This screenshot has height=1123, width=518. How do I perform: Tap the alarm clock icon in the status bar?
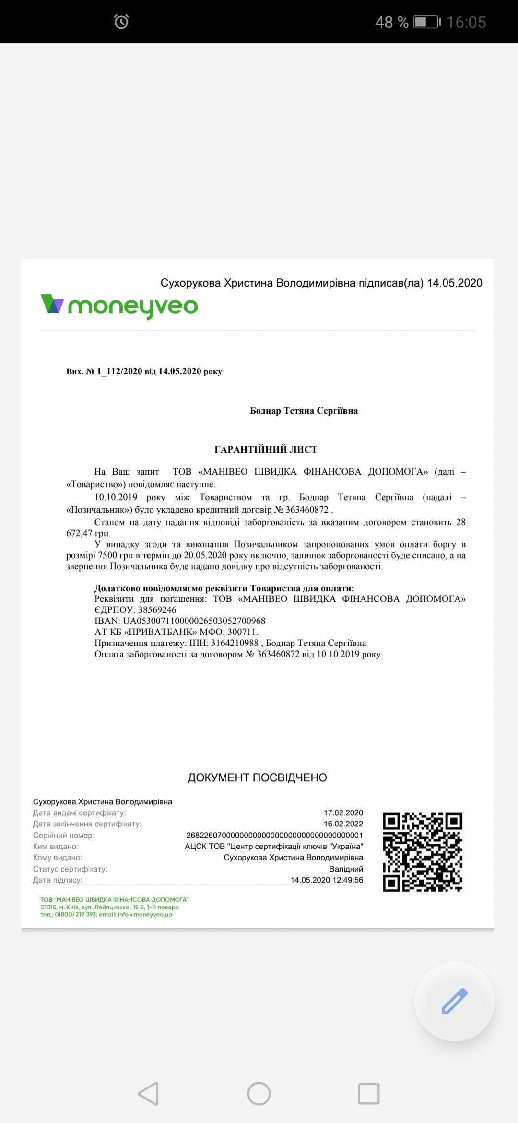(x=121, y=22)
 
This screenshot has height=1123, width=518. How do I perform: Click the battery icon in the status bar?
(x=427, y=22)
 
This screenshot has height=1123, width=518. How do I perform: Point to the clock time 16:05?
(x=466, y=22)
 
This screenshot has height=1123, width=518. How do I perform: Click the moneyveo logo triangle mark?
(x=52, y=304)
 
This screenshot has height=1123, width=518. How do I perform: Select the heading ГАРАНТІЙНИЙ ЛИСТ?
(x=266, y=449)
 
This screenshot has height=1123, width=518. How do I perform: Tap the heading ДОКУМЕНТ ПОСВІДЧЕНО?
(x=258, y=777)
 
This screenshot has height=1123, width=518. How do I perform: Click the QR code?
(x=423, y=852)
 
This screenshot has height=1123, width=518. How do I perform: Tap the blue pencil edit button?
(x=454, y=1001)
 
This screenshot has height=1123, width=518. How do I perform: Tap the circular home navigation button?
(x=259, y=1094)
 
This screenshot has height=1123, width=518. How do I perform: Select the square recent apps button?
(x=369, y=1094)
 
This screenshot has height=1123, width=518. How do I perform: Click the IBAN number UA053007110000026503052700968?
(x=194, y=621)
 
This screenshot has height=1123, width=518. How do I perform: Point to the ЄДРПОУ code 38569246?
(x=157, y=610)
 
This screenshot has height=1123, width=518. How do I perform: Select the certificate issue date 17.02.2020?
(x=343, y=812)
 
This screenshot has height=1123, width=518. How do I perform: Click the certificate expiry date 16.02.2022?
(x=343, y=824)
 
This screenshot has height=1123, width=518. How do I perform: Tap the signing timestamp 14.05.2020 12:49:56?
(x=327, y=880)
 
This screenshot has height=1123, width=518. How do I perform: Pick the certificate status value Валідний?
(x=346, y=869)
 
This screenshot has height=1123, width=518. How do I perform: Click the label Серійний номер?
(x=63, y=836)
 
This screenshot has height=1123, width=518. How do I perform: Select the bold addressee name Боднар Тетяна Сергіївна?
(x=304, y=411)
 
